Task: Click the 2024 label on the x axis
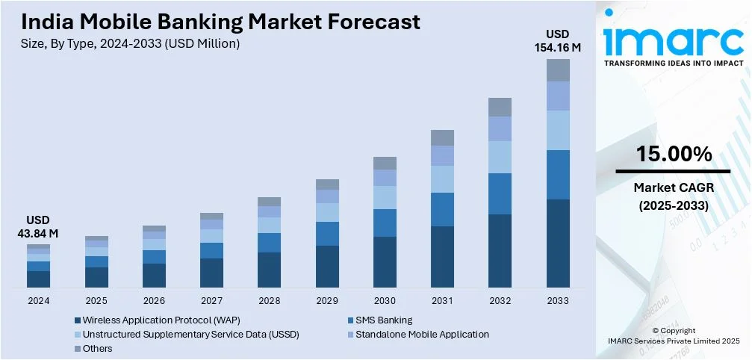tap(38, 300)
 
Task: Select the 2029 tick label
tap(327, 300)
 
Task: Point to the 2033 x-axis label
tap(558, 300)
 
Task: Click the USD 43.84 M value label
tap(38, 227)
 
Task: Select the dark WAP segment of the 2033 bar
tap(558, 243)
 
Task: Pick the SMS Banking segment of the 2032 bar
tap(500, 193)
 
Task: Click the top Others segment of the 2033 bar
tap(558, 70)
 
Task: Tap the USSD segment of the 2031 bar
tap(442, 179)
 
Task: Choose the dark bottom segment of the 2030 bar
tap(385, 261)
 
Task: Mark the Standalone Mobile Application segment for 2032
tap(500, 128)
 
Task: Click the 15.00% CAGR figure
tap(674, 155)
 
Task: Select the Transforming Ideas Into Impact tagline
tap(674, 63)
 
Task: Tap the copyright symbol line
tap(674, 330)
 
